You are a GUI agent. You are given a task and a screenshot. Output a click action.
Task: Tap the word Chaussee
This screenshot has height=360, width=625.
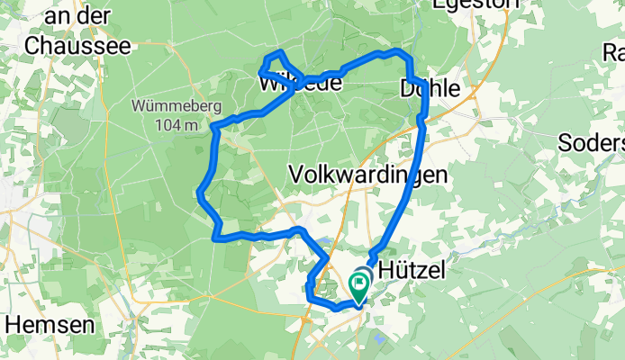tap(79, 45)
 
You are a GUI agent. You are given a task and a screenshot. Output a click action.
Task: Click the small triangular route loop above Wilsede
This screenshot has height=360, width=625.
tap(276, 62)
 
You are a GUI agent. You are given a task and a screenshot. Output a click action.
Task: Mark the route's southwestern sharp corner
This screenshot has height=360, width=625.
tap(214, 238)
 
